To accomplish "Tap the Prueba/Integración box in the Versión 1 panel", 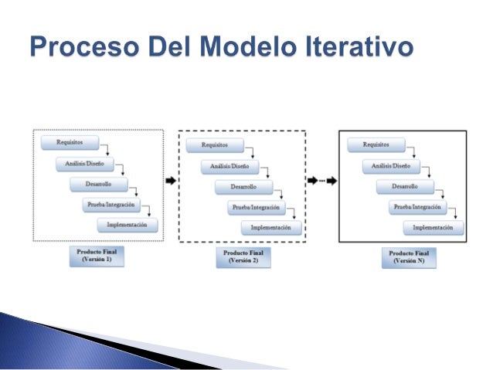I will coord(114,205).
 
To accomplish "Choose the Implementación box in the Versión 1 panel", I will coord(127,225).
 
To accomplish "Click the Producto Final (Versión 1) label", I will coord(97,256).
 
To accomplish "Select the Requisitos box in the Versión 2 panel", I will coord(214,145).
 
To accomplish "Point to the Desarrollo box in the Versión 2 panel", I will coord(243,187).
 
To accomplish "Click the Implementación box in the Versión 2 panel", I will coord(271,228).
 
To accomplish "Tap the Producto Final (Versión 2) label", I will coord(243,257).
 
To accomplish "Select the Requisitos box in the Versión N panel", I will coord(376,144).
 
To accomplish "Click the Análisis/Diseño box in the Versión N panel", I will coord(390,165).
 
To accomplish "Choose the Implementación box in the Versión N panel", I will coord(433,228).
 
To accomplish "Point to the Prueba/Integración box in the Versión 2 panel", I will coord(257,208).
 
